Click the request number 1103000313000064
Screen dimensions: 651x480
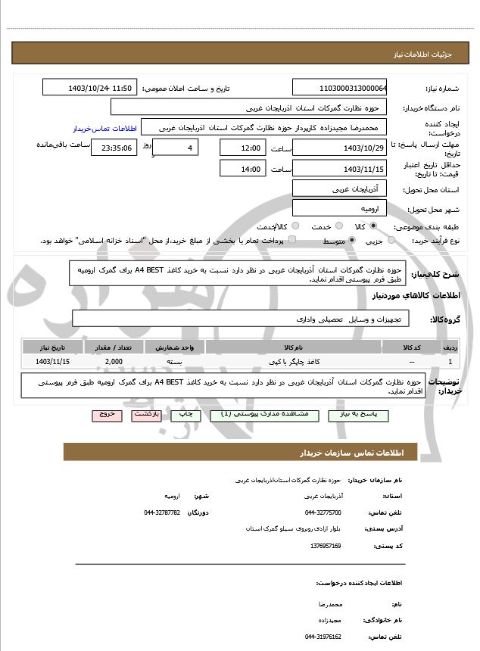340,88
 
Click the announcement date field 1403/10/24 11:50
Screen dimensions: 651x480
89,88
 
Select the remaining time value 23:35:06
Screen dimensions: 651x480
114,148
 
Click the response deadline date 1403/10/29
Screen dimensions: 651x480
340,148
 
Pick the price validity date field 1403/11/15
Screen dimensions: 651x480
340,169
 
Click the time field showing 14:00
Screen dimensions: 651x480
242,169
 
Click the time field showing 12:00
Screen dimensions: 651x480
242,148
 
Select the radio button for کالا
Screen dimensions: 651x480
373,226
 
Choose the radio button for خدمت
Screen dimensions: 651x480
338,226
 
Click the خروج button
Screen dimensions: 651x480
105,415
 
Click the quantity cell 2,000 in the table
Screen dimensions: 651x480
114,362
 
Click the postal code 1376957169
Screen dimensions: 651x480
325,545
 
